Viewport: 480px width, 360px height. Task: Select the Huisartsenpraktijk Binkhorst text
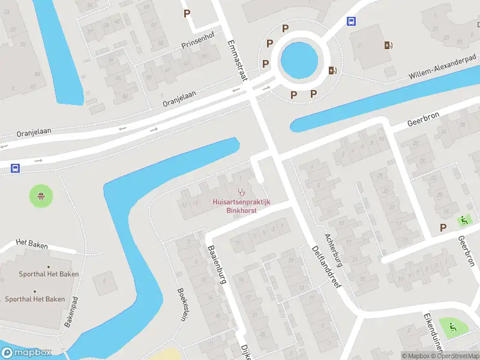click(241, 206)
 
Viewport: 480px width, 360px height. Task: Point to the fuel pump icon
click(388, 44)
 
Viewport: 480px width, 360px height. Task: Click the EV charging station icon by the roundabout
click(332, 70)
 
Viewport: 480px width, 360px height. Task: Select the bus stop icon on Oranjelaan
click(14, 169)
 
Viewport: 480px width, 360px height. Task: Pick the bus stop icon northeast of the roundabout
click(351, 22)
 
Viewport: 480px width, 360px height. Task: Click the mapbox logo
click(26, 353)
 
